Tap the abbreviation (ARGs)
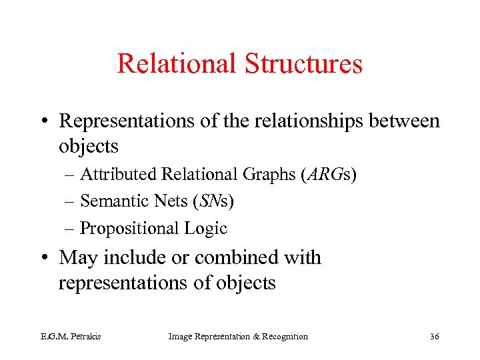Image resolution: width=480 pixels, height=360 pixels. point(329,175)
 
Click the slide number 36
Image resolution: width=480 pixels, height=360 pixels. point(434,337)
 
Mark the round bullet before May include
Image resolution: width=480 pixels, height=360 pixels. point(46,258)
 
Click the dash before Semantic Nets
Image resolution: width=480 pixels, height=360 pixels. point(71,201)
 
